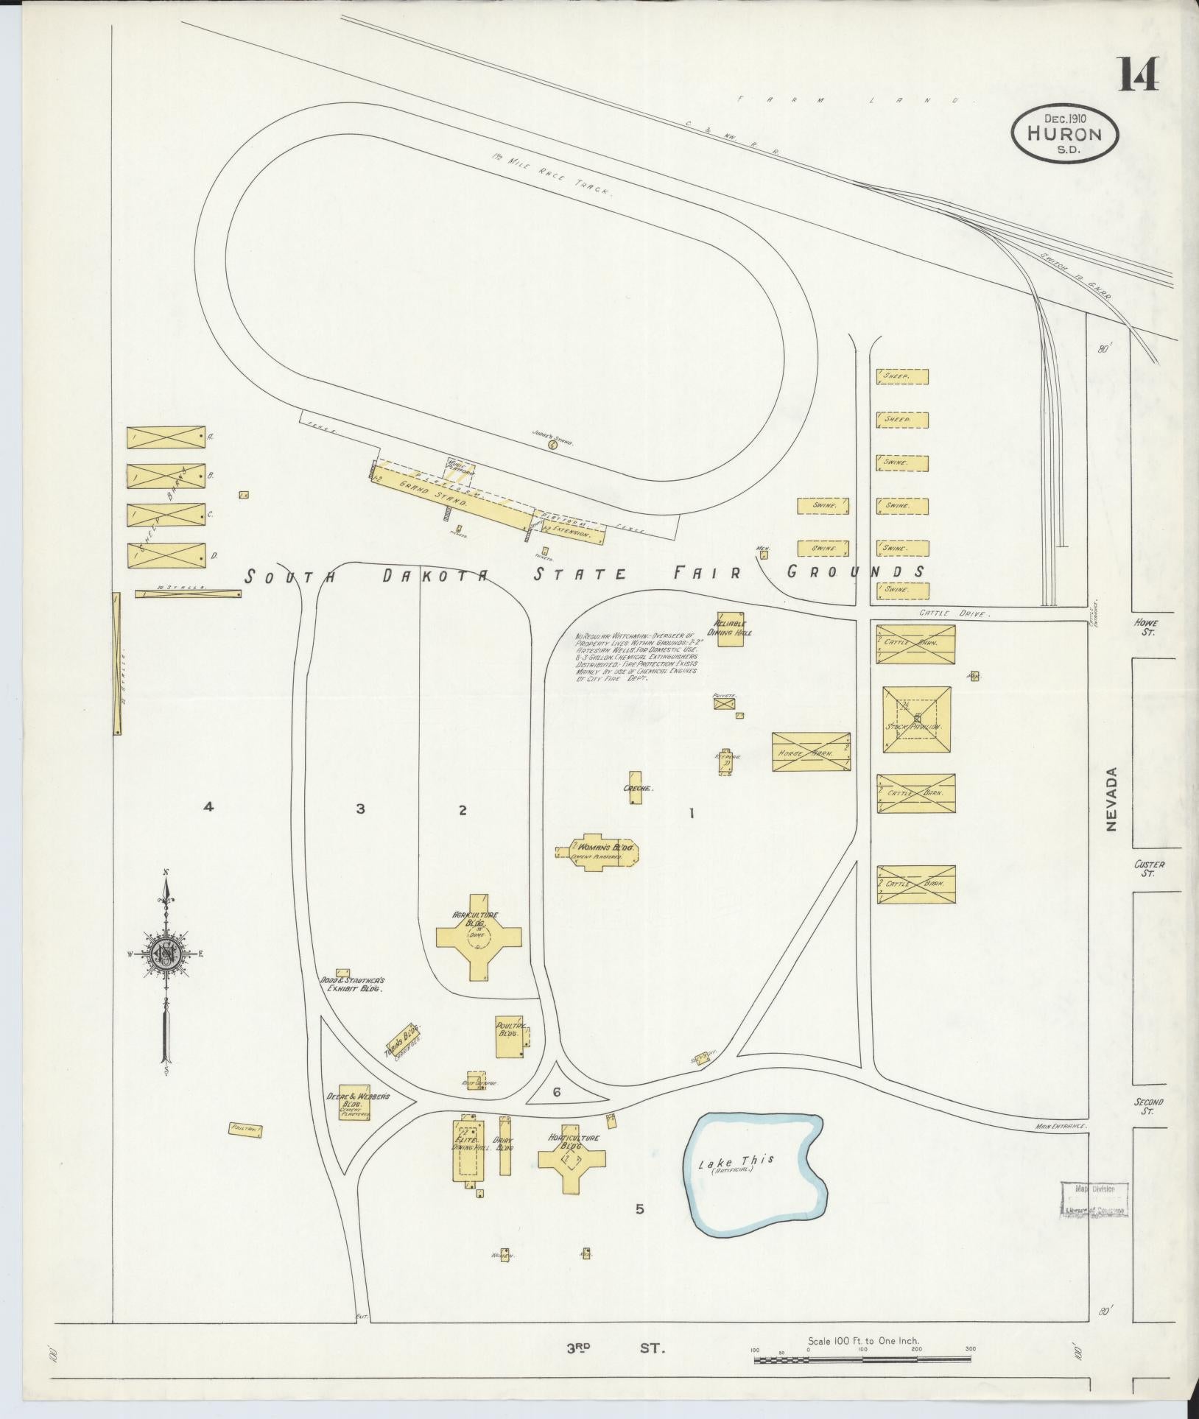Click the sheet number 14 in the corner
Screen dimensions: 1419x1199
tap(1139, 74)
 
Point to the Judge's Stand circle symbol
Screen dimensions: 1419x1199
tap(552, 443)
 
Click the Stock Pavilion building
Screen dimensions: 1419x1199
tap(917, 719)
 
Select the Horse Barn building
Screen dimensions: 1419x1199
tap(811, 752)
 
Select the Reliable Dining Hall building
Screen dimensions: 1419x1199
tap(731, 628)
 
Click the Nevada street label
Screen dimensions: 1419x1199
tap(1111, 799)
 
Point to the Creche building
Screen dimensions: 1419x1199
tap(636, 787)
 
